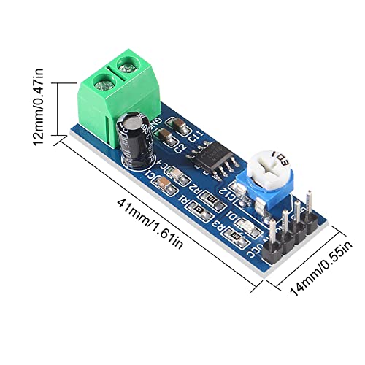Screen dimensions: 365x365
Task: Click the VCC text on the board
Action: click(x=255, y=250)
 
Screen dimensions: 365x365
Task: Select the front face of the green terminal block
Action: click(x=95, y=102)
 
